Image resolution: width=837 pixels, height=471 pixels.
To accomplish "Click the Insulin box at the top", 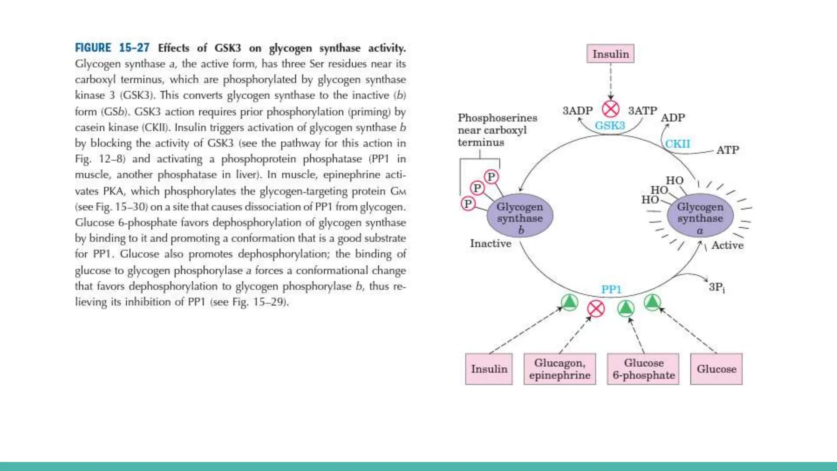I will pos(610,54).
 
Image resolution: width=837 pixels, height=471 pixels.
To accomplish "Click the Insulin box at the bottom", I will pos(489,369).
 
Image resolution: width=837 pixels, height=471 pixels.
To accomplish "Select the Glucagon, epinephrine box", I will pos(559,369).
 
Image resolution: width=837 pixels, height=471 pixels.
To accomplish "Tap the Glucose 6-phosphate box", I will pos(643,369).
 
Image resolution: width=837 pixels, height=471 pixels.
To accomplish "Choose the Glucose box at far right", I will pos(716,369).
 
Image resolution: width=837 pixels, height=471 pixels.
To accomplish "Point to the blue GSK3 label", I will pos(610,126).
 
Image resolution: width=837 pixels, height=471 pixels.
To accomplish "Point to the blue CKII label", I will pos(677,144).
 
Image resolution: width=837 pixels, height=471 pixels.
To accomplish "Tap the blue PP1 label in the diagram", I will pos(611,289).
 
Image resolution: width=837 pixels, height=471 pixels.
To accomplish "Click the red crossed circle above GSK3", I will pos(611,109).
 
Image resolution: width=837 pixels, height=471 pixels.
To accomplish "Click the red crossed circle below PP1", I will pos(596,309).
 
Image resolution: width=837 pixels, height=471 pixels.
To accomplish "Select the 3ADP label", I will pos(577,111).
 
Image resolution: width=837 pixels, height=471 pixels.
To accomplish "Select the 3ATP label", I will pos(642,111).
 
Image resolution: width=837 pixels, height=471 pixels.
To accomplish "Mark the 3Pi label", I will pos(716,287).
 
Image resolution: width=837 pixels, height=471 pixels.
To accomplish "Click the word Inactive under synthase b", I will pos(490,244).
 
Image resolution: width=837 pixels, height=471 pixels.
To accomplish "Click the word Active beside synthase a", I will pos(727,245).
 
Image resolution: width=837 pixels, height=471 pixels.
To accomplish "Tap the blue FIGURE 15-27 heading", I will pos(112,48).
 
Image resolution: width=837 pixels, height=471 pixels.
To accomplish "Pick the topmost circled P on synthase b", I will pos(491,177).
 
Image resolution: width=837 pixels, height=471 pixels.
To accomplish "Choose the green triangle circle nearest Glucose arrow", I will pos(652,303).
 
